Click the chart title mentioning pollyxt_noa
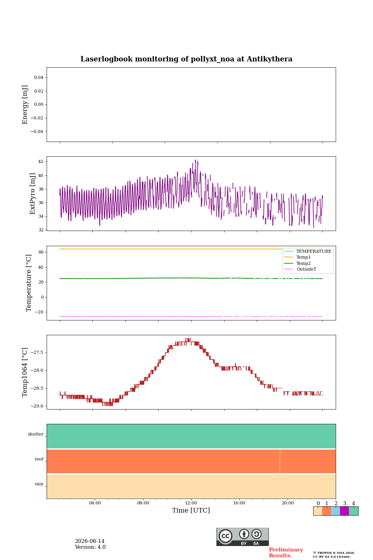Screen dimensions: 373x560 pyautogui.click(x=186, y=59)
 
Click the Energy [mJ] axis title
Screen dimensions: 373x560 pyautogui.click(x=25, y=105)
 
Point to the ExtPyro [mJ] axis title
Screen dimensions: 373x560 pyautogui.click(x=32, y=194)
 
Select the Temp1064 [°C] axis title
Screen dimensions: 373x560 pyautogui.click(x=24, y=372)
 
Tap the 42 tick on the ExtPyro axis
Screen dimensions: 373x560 pyautogui.click(x=40, y=161)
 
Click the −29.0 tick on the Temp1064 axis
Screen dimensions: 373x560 pyautogui.click(x=37, y=406)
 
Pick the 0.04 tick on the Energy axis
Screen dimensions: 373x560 pyautogui.click(x=39, y=77)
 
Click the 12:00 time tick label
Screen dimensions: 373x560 pyautogui.click(x=191, y=503)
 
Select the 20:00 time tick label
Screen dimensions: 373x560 pyautogui.click(x=288, y=503)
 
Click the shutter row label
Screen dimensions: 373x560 pyautogui.click(x=36, y=434)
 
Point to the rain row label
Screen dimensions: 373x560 pyautogui.click(x=39, y=484)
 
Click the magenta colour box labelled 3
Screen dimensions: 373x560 pyautogui.click(x=344, y=511)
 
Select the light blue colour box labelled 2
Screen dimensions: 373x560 pyautogui.click(x=336, y=511)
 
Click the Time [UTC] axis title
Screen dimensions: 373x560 pyautogui.click(x=191, y=510)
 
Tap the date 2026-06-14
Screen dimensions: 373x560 pyautogui.click(x=90, y=541)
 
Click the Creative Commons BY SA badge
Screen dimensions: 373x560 pyautogui.click(x=242, y=537)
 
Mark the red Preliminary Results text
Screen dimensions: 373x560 pyautogui.click(x=286, y=553)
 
